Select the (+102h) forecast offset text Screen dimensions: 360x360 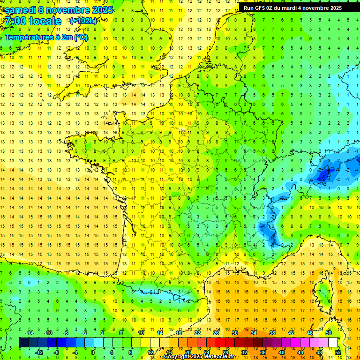pos(83,21)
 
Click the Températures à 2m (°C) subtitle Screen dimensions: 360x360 pos(46,37)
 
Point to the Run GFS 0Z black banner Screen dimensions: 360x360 pos(299,8)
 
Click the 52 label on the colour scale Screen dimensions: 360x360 pos(337,352)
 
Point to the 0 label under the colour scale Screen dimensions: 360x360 pos(93,352)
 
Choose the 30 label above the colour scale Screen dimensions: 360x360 pos(234,333)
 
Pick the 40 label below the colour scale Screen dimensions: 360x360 pos(281,352)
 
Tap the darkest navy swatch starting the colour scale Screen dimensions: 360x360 pos(24,343)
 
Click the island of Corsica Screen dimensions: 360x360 pos(323,293)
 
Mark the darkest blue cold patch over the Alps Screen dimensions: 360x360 pos(323,176)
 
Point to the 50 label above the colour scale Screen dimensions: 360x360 pos(328,333)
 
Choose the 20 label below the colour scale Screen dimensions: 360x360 pos(187,352)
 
